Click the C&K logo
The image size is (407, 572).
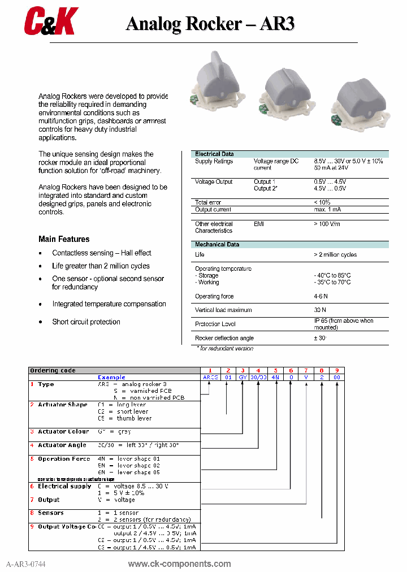[x=50, y=22]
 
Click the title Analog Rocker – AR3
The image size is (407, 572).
[x=210, y=24]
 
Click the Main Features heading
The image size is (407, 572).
[x=64, y=239]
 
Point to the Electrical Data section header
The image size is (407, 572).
[x=214, y=154]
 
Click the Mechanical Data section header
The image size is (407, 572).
[x=217, y=245]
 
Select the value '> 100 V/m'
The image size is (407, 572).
[x=327, y=224]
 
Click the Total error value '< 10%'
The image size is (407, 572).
[x=322, y=202]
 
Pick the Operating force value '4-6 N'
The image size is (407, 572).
[x=321, y=296]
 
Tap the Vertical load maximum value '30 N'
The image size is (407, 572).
[x=320, y=310]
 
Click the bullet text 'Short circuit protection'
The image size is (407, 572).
[x=86, y=322]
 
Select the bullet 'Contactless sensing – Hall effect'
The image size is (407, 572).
[x=102, y=253]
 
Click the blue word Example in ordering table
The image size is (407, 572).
[x=111, y=377]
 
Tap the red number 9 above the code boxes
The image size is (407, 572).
[x=337, y=370]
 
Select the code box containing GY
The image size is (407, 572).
[x=243, y=377]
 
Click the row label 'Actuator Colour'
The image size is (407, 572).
[x=63, y=432]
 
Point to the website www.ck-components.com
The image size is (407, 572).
[x=179, y=564]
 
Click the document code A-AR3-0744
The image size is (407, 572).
[x=26, y=564]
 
